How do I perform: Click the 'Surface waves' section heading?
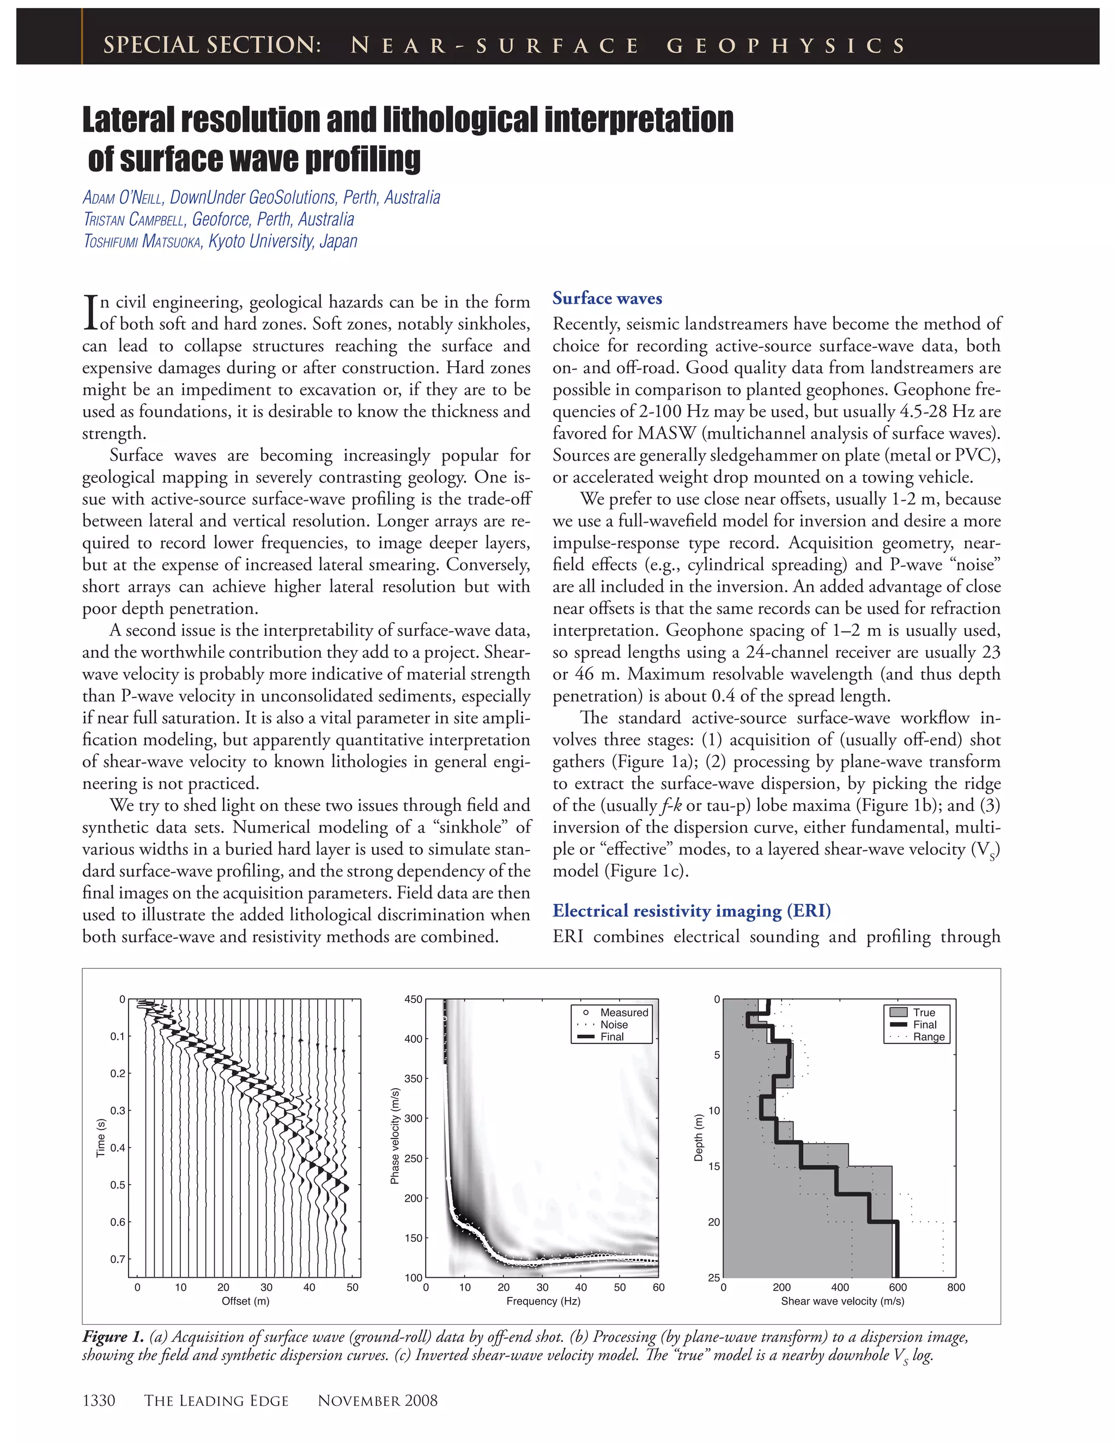(607, 298)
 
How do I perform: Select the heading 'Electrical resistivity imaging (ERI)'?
(692, 911)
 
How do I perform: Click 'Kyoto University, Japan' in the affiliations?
(283, 241)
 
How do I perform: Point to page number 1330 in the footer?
(99, 1400)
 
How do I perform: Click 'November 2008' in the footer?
(378, 1400)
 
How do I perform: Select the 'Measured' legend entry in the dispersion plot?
(623, 1012)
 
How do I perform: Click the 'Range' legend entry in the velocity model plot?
(928, 1037)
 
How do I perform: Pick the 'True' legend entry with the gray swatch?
(924, 1012)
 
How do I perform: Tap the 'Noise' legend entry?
(614, 1024)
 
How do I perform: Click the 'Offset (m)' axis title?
(245, 1301)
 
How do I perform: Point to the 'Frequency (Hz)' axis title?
(543, 1301)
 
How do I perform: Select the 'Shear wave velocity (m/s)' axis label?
(842, 1301)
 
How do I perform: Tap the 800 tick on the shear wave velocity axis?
(955, 1287)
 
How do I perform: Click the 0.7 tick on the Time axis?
(118, 1259)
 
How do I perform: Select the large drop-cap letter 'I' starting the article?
(90, 313)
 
